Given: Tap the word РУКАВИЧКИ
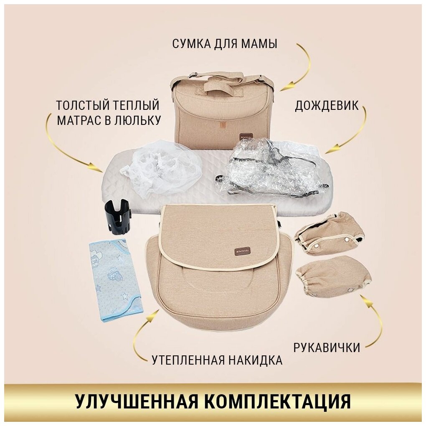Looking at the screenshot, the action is pyautogui.click(x=327, y=347).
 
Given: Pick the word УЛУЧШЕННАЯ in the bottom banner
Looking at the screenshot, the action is pyautogui.click(x=136, y=400).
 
